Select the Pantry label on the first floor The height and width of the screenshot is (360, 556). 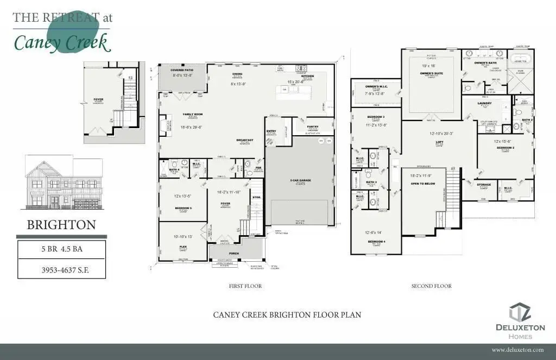pos(312,127)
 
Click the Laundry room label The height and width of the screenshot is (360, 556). pos(484,103)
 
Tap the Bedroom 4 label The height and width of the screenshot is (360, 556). pos(376,241)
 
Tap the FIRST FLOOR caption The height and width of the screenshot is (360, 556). pos(245,286)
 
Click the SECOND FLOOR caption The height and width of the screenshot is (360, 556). pos(431,286)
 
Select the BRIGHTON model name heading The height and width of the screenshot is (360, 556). pos(61,225)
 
